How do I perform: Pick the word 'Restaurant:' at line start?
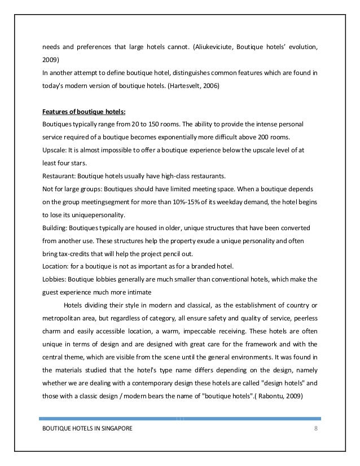point(59,175)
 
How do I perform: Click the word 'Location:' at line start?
point(56,266)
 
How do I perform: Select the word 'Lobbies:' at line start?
point(55,279)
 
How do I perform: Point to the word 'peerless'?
point(306,318)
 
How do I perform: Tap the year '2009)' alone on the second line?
point(51,59)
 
